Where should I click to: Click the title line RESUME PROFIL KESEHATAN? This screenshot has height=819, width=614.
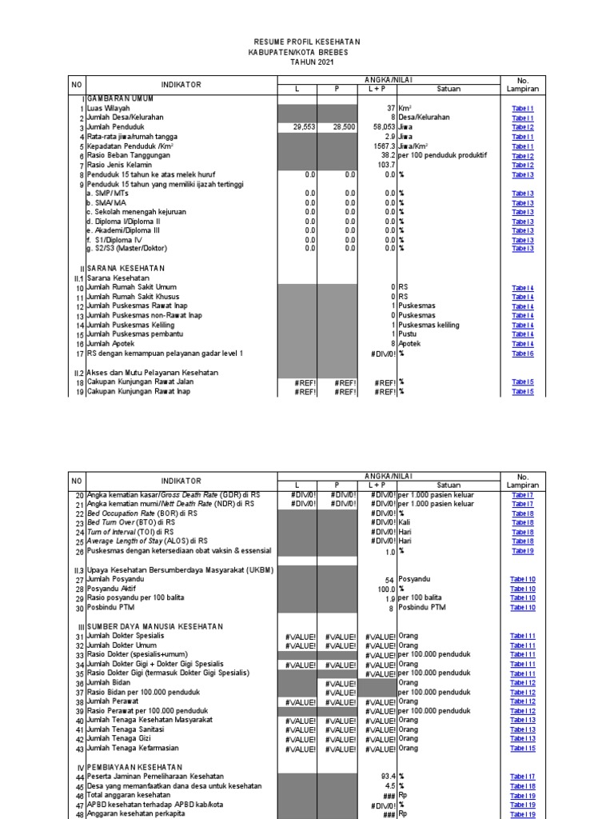[x=308, y=42]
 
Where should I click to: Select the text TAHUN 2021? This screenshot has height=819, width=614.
[x=308, y=62]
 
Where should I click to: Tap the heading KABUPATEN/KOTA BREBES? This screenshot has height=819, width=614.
[x=308, y=51]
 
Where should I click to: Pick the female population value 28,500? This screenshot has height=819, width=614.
[x=345, y=127]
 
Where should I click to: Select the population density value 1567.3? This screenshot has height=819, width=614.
[x=382, y=146]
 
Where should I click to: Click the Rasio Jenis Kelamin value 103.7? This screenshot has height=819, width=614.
[x=385, y=166]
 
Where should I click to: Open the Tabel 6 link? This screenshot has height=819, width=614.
[x=523, y=354]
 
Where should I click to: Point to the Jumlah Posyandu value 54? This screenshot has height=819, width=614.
[x=390, y=579]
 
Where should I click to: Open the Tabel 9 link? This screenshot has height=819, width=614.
[x=523, y=551]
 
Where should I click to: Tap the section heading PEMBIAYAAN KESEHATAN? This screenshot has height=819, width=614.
[x=135, y=766]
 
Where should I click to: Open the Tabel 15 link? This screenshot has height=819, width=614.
[x=523, y=749]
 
